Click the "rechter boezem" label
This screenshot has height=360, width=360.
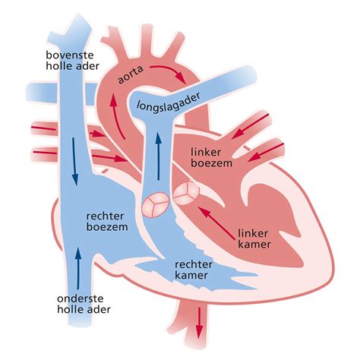[x=106, y=220]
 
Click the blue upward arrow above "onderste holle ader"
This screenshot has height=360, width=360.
[x=78, y=263]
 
